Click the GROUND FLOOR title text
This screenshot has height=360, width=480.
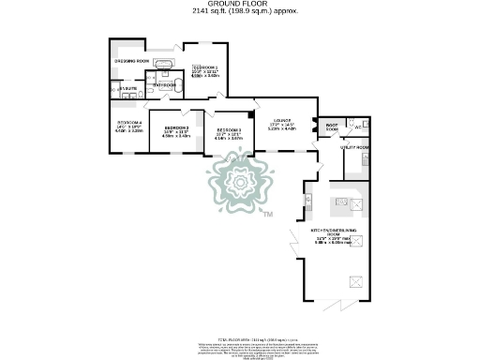coord(240,4)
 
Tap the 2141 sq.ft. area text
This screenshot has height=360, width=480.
coord(240,11)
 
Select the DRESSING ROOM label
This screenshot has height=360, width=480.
coord(130,61)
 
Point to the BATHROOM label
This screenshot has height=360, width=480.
coord(167,84)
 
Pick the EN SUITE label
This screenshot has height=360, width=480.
coord(127,89)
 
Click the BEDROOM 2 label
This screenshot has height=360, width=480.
coord(177,127)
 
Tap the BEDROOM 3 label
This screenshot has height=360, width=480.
coord(229,130)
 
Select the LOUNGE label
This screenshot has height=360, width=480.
coord(282,120)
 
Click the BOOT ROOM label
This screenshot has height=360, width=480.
coord(331,126)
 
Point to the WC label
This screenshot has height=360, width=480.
coord(358,126)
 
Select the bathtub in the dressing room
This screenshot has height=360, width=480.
coord(165,66)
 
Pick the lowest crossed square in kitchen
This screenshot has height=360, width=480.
coord(355,279)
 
